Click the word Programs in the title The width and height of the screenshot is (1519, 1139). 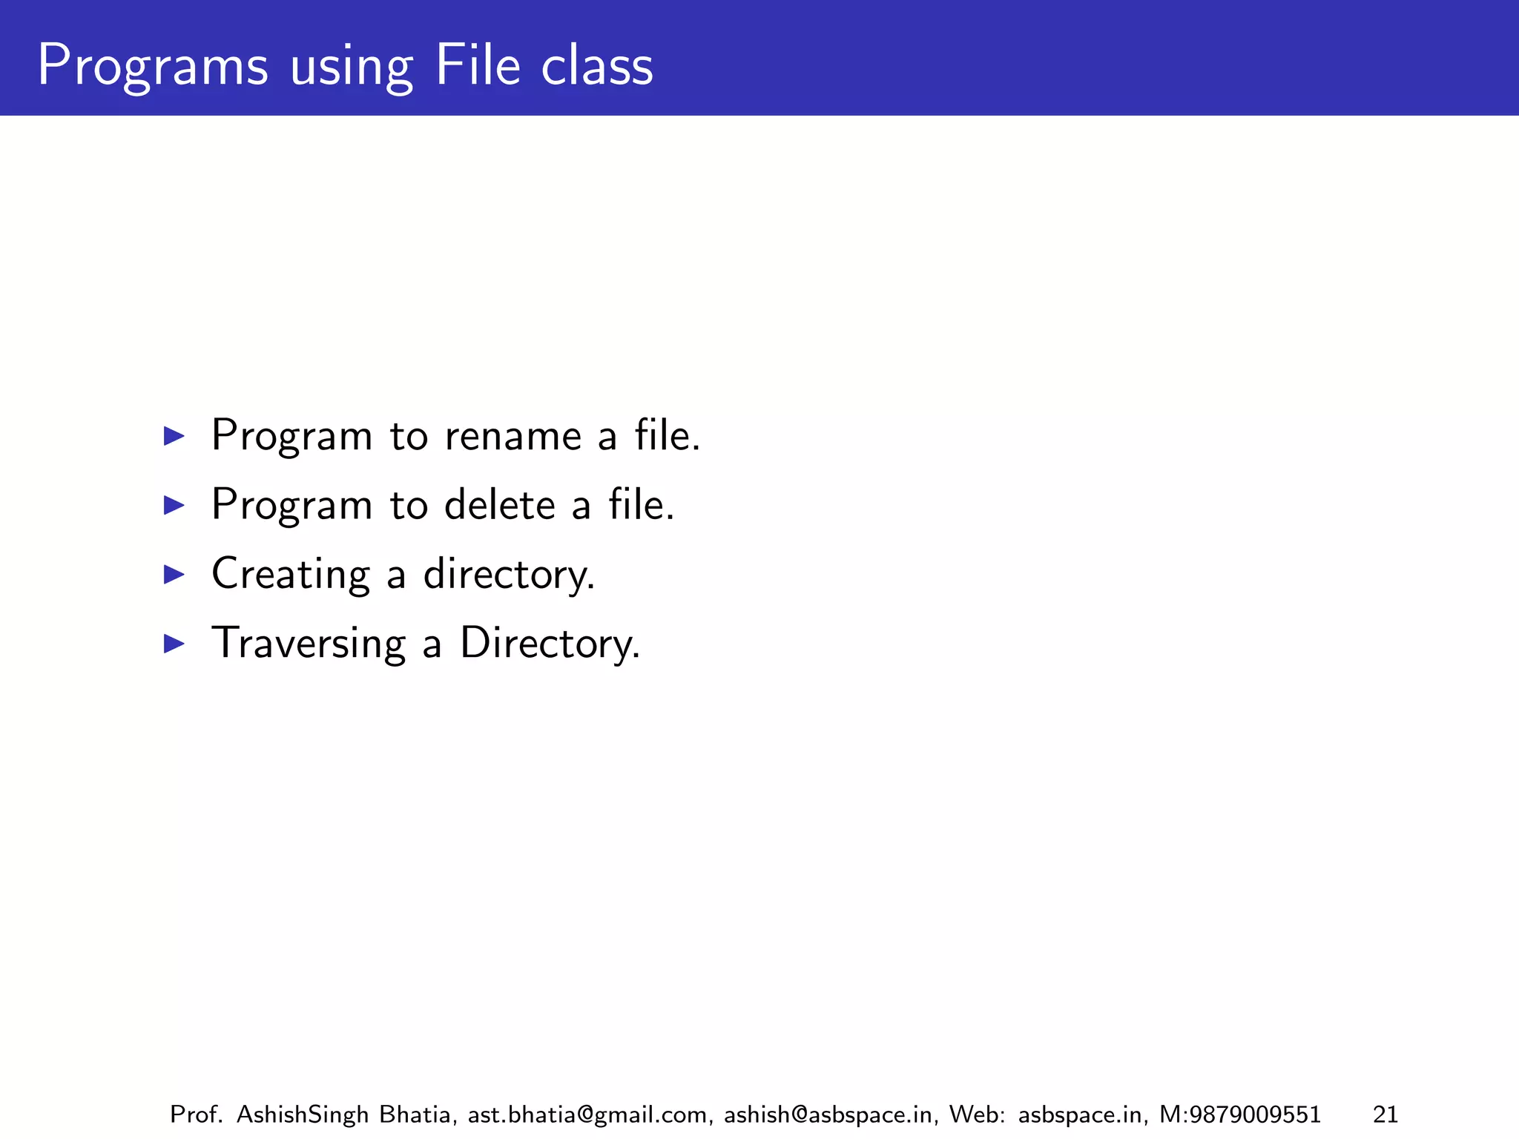pyautogui.click(x=152, y=67)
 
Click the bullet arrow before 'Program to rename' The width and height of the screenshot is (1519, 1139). pyautogui.click(x=174, y=435)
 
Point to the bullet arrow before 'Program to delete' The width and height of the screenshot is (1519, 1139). pyautogui.click(x=174, y=505)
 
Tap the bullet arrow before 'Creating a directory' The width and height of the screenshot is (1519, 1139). pyautogui.click(x=174, y=574)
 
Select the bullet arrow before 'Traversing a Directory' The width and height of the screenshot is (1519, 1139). pyautogui.click(x=174, y=643)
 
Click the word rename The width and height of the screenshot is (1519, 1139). pyautogui.click(x=513, y=436)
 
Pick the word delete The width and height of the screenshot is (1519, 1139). pyautogui.click(x=499, y=505)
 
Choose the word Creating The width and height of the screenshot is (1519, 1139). pyautogui.click(x=290, y=575)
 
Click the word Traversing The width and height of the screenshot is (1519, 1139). pyautogui.click(x=309, y=644)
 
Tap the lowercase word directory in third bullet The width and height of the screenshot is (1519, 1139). pyautogui.click(x=508, y=575)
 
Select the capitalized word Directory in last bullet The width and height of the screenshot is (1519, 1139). pyautogui.click(x=549, y=644)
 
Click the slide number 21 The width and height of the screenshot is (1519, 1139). pyautogui.click(x=1385, y=1115)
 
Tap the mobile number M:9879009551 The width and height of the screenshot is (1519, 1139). pyautogui.click(x=1239, y=1115)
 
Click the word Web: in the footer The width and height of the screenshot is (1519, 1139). pyautogui.click(x=977, y=1115)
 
